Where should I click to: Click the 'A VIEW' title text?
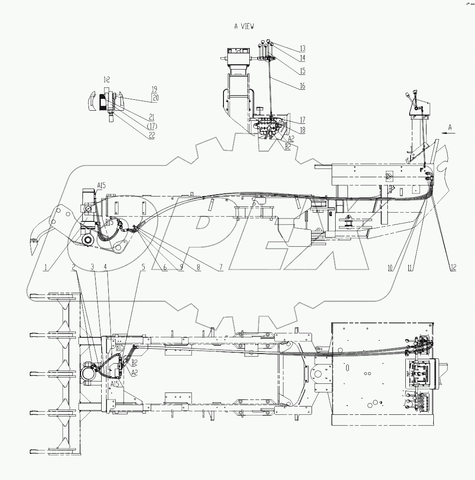coord(244,27)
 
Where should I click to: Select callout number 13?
coord(302,49)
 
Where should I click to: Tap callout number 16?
coord(302,86)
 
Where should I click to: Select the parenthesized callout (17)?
coord(151,126)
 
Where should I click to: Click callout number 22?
coord(152,135)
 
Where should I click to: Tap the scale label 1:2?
coord(107,80)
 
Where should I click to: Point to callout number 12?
coord(453,268)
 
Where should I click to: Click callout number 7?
coord(218,268)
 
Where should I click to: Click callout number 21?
coord(152,117)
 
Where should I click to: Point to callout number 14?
coord(302,57)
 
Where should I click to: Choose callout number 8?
coord(198,268)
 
